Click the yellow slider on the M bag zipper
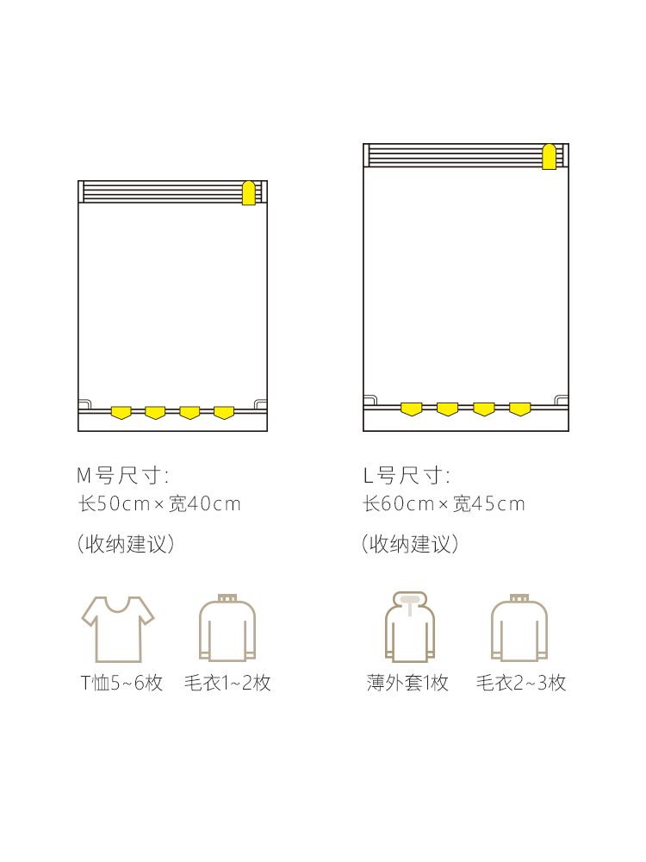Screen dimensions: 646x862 [249, 193]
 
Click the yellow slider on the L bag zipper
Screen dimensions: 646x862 [550, 157]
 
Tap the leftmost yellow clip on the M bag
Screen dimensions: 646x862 [121, 412]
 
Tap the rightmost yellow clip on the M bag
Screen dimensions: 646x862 [224, 412]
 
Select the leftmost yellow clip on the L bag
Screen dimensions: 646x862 [412, 409]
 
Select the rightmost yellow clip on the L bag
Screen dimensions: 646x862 [520, 409]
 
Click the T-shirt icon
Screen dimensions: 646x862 [118, 629]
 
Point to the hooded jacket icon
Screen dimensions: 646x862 [410, 627]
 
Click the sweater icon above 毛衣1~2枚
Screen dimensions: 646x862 [227, 628]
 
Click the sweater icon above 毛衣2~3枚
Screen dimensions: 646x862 [519, 628]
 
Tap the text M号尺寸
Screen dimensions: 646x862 [122, 476]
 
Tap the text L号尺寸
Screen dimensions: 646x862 [407, 476]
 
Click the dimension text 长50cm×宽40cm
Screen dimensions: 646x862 [159, 503]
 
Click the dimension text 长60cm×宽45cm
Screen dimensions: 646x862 [444, 503]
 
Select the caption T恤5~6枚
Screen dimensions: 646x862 [122, 683]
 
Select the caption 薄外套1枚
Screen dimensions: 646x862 [407, 683]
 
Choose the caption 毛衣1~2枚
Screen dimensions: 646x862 [227, 683]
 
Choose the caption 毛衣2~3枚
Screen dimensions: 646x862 [521, 683]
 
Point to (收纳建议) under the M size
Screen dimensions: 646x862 [126, 544]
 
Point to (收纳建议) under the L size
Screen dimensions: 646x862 [410, 544]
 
